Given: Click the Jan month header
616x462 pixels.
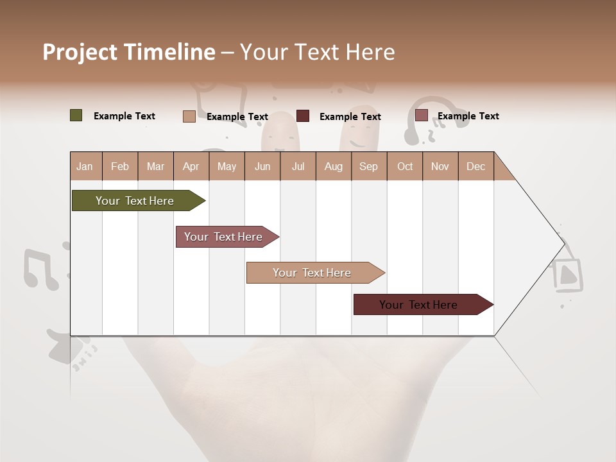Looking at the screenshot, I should coord(85,166).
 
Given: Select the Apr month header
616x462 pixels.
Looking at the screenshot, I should coord(191,166).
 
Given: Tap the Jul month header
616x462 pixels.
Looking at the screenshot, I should coord(298,166).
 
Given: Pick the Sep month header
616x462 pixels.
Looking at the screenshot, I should coord(368,166).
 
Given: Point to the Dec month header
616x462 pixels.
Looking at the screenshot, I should coord(475,166).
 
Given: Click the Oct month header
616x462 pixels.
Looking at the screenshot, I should coord(405,166).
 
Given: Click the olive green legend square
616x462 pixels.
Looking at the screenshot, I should coord(76,116).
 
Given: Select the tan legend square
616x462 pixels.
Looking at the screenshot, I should coord(189,116).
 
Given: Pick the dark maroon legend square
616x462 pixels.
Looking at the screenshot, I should coord(303,116).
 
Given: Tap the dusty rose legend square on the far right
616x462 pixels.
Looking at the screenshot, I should coord(421,116).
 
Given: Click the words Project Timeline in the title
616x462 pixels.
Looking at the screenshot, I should coord(128,52).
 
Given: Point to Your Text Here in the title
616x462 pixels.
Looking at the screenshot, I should coord(317,52).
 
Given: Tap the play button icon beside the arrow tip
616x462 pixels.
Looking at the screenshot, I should coord(567,275).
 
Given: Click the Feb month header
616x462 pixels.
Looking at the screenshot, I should coord(120,166).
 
